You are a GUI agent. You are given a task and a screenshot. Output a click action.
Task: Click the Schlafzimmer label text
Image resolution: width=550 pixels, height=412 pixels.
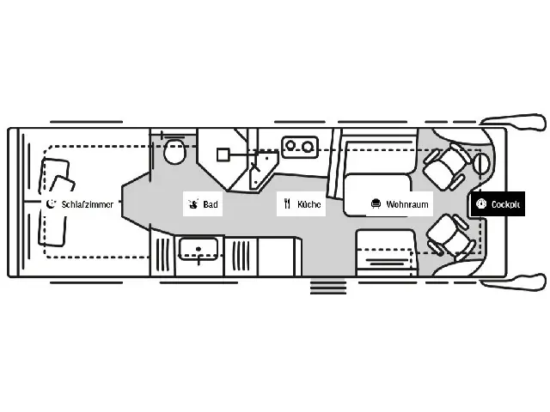tap(88, 204)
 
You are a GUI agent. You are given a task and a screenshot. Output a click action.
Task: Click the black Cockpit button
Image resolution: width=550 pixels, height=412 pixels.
tap(498, 204)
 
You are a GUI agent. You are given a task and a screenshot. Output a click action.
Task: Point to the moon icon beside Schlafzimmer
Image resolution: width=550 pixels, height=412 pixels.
tap(52, 204)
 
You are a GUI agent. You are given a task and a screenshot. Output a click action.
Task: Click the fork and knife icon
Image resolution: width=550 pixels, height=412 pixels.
tap(288, 204)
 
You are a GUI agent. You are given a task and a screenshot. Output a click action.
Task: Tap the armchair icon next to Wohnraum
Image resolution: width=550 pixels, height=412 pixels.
tap(376, 204)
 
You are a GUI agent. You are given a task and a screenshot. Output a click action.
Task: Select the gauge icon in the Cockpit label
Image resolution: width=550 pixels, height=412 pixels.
tap(481, 204)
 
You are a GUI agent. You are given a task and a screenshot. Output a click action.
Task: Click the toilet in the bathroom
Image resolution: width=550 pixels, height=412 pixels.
tap(174, 152)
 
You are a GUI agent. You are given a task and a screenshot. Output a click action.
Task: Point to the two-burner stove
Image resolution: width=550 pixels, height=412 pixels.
tap(300, 147)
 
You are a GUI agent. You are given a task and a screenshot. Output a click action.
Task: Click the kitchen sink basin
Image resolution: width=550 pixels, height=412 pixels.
tap(199, 249)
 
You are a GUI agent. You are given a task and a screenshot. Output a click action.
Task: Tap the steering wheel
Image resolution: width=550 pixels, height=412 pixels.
tap(481, 164)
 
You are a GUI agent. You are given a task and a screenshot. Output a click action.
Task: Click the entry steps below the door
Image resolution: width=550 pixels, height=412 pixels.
tap(328, 286)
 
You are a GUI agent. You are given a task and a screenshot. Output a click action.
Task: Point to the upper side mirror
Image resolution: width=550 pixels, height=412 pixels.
tap(514, 122)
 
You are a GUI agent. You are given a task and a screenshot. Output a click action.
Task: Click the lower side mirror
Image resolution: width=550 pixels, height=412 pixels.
tap(514, 282)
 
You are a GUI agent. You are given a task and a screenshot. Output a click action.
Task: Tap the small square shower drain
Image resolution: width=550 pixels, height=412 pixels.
tap(223, 154)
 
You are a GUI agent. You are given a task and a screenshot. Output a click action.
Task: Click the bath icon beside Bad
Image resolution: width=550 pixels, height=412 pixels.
tap(192, 204)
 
